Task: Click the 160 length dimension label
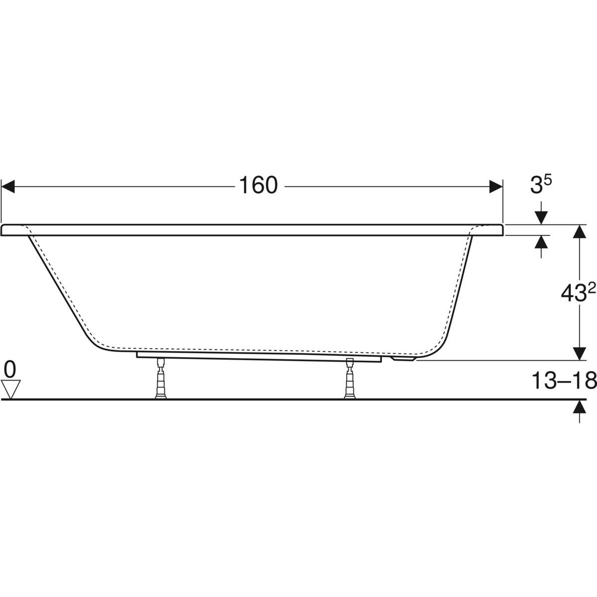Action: tap(258, 186)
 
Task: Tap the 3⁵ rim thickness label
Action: tap(541, 185)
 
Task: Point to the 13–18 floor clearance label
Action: tap(564, 380)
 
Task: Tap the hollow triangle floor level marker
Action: tap(11, 389)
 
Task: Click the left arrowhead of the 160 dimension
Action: tap(8, 187)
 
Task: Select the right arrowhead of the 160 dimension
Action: tap(496, 187)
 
